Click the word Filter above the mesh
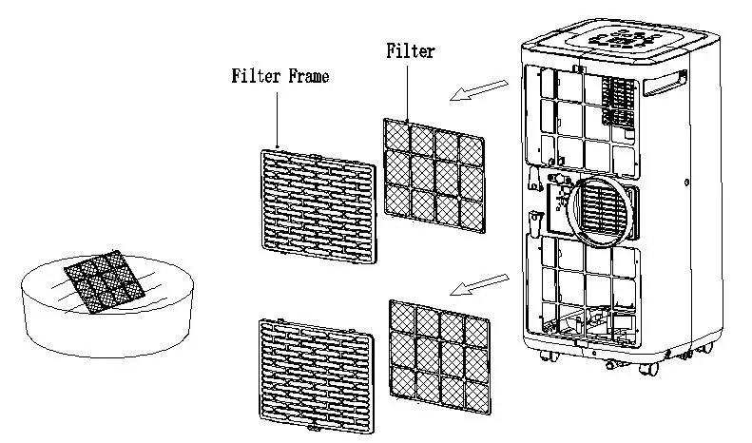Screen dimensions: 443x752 (410, 50)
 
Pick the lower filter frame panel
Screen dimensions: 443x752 (318, 372)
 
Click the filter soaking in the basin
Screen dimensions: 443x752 (101, 277)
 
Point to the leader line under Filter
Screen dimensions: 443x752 (409, 90)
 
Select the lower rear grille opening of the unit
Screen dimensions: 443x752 (580, 285)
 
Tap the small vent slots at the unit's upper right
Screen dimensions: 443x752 (620, 100)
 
